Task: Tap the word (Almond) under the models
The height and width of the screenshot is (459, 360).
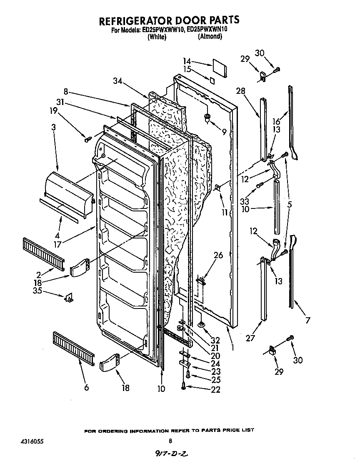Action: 210,36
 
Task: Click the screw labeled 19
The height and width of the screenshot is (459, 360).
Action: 88,139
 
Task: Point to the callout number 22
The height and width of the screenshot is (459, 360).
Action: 215,390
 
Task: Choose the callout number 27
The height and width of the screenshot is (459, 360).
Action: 250,337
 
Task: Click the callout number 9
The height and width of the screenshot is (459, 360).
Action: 224,132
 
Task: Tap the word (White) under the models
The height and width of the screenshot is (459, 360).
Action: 157,36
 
